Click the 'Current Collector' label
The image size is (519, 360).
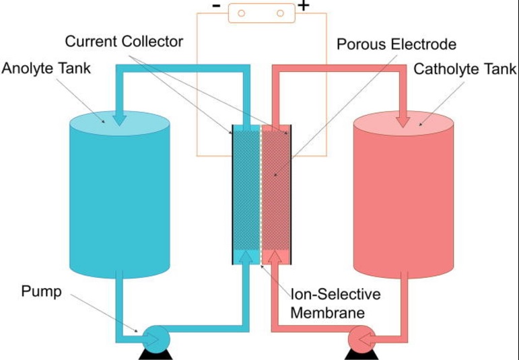[x=124, y=42]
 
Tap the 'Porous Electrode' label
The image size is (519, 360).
[x=396, y=44]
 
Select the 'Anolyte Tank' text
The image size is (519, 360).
[x=46, y=69]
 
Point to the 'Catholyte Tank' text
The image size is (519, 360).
[x=464, y=69]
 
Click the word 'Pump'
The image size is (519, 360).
[x=41, y=292]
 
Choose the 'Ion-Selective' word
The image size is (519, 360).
[x=335, y=294]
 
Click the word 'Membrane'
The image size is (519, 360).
[x=327, y=313]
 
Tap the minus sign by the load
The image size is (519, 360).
[x=216, y=5]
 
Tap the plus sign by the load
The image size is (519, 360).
[x=303, y=5]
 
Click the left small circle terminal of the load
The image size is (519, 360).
[x=241, y=13]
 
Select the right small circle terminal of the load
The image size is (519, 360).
[x=280, y=13]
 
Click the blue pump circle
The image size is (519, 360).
[x=157, y=339]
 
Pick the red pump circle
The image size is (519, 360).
[x=361, y=339]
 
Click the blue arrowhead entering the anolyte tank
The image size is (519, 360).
[x=119, y=120]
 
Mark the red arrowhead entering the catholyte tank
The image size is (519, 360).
[x=403, y=122]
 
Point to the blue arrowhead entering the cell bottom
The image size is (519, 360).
[x=246, y=257]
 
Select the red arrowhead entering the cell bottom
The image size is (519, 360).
[x=275, y=257]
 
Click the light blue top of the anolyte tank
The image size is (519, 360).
[x=120, y=123]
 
